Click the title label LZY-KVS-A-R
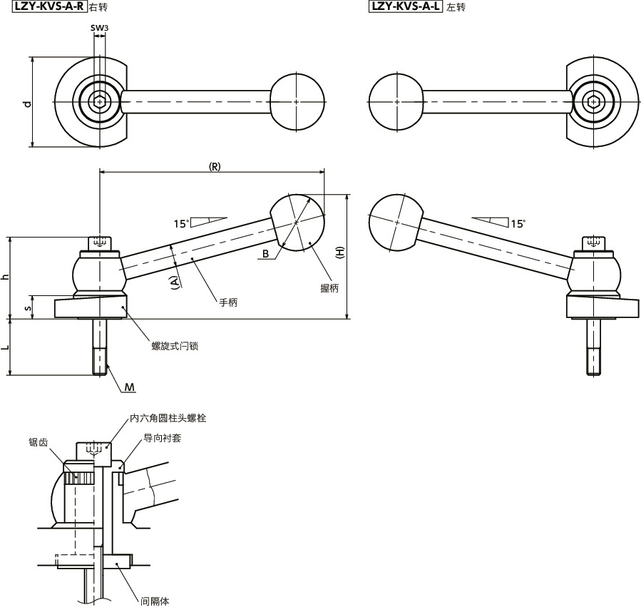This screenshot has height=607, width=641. [x=44, y=7]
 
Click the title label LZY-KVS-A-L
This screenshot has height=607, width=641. [x=406, y=8]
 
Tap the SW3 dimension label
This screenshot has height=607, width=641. [x=99, y=28]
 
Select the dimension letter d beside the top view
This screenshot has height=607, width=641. [x=27, y=103]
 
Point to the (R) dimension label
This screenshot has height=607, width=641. [x=214, y=166]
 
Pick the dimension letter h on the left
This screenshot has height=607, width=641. [x=6, y=277]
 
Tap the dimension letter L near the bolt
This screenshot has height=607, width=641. [x=6, y=347]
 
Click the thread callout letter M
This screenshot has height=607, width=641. [x=129, y=387]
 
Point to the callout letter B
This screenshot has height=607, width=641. [x=265, y=254]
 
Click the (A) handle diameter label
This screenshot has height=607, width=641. [x=174, y=283]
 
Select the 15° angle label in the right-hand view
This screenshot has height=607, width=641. [x=518, y=223]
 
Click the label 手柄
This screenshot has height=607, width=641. [x=228, y=302]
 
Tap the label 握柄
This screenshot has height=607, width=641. [x=329, y=288]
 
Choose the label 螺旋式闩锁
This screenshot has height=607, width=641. [x=175, y=346]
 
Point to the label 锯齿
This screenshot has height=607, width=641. [x=39, y=442]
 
